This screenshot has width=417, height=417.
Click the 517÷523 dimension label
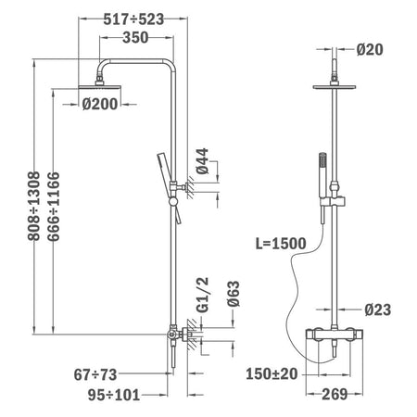click(133, 19)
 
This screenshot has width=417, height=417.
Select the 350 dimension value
click(135, 38)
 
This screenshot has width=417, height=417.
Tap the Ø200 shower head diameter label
click(100, 104)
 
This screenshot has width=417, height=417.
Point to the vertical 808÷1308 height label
click(34, 206)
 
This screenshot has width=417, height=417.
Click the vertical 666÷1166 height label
click(54, 207)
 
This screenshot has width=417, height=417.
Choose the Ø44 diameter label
click(203, 161)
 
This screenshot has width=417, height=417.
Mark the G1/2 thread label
click(203, 296)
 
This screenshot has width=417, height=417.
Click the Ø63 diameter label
click(234, 294)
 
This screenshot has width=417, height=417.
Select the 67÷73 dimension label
click(95, 375)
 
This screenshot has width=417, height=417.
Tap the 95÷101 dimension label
click(114, 395)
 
